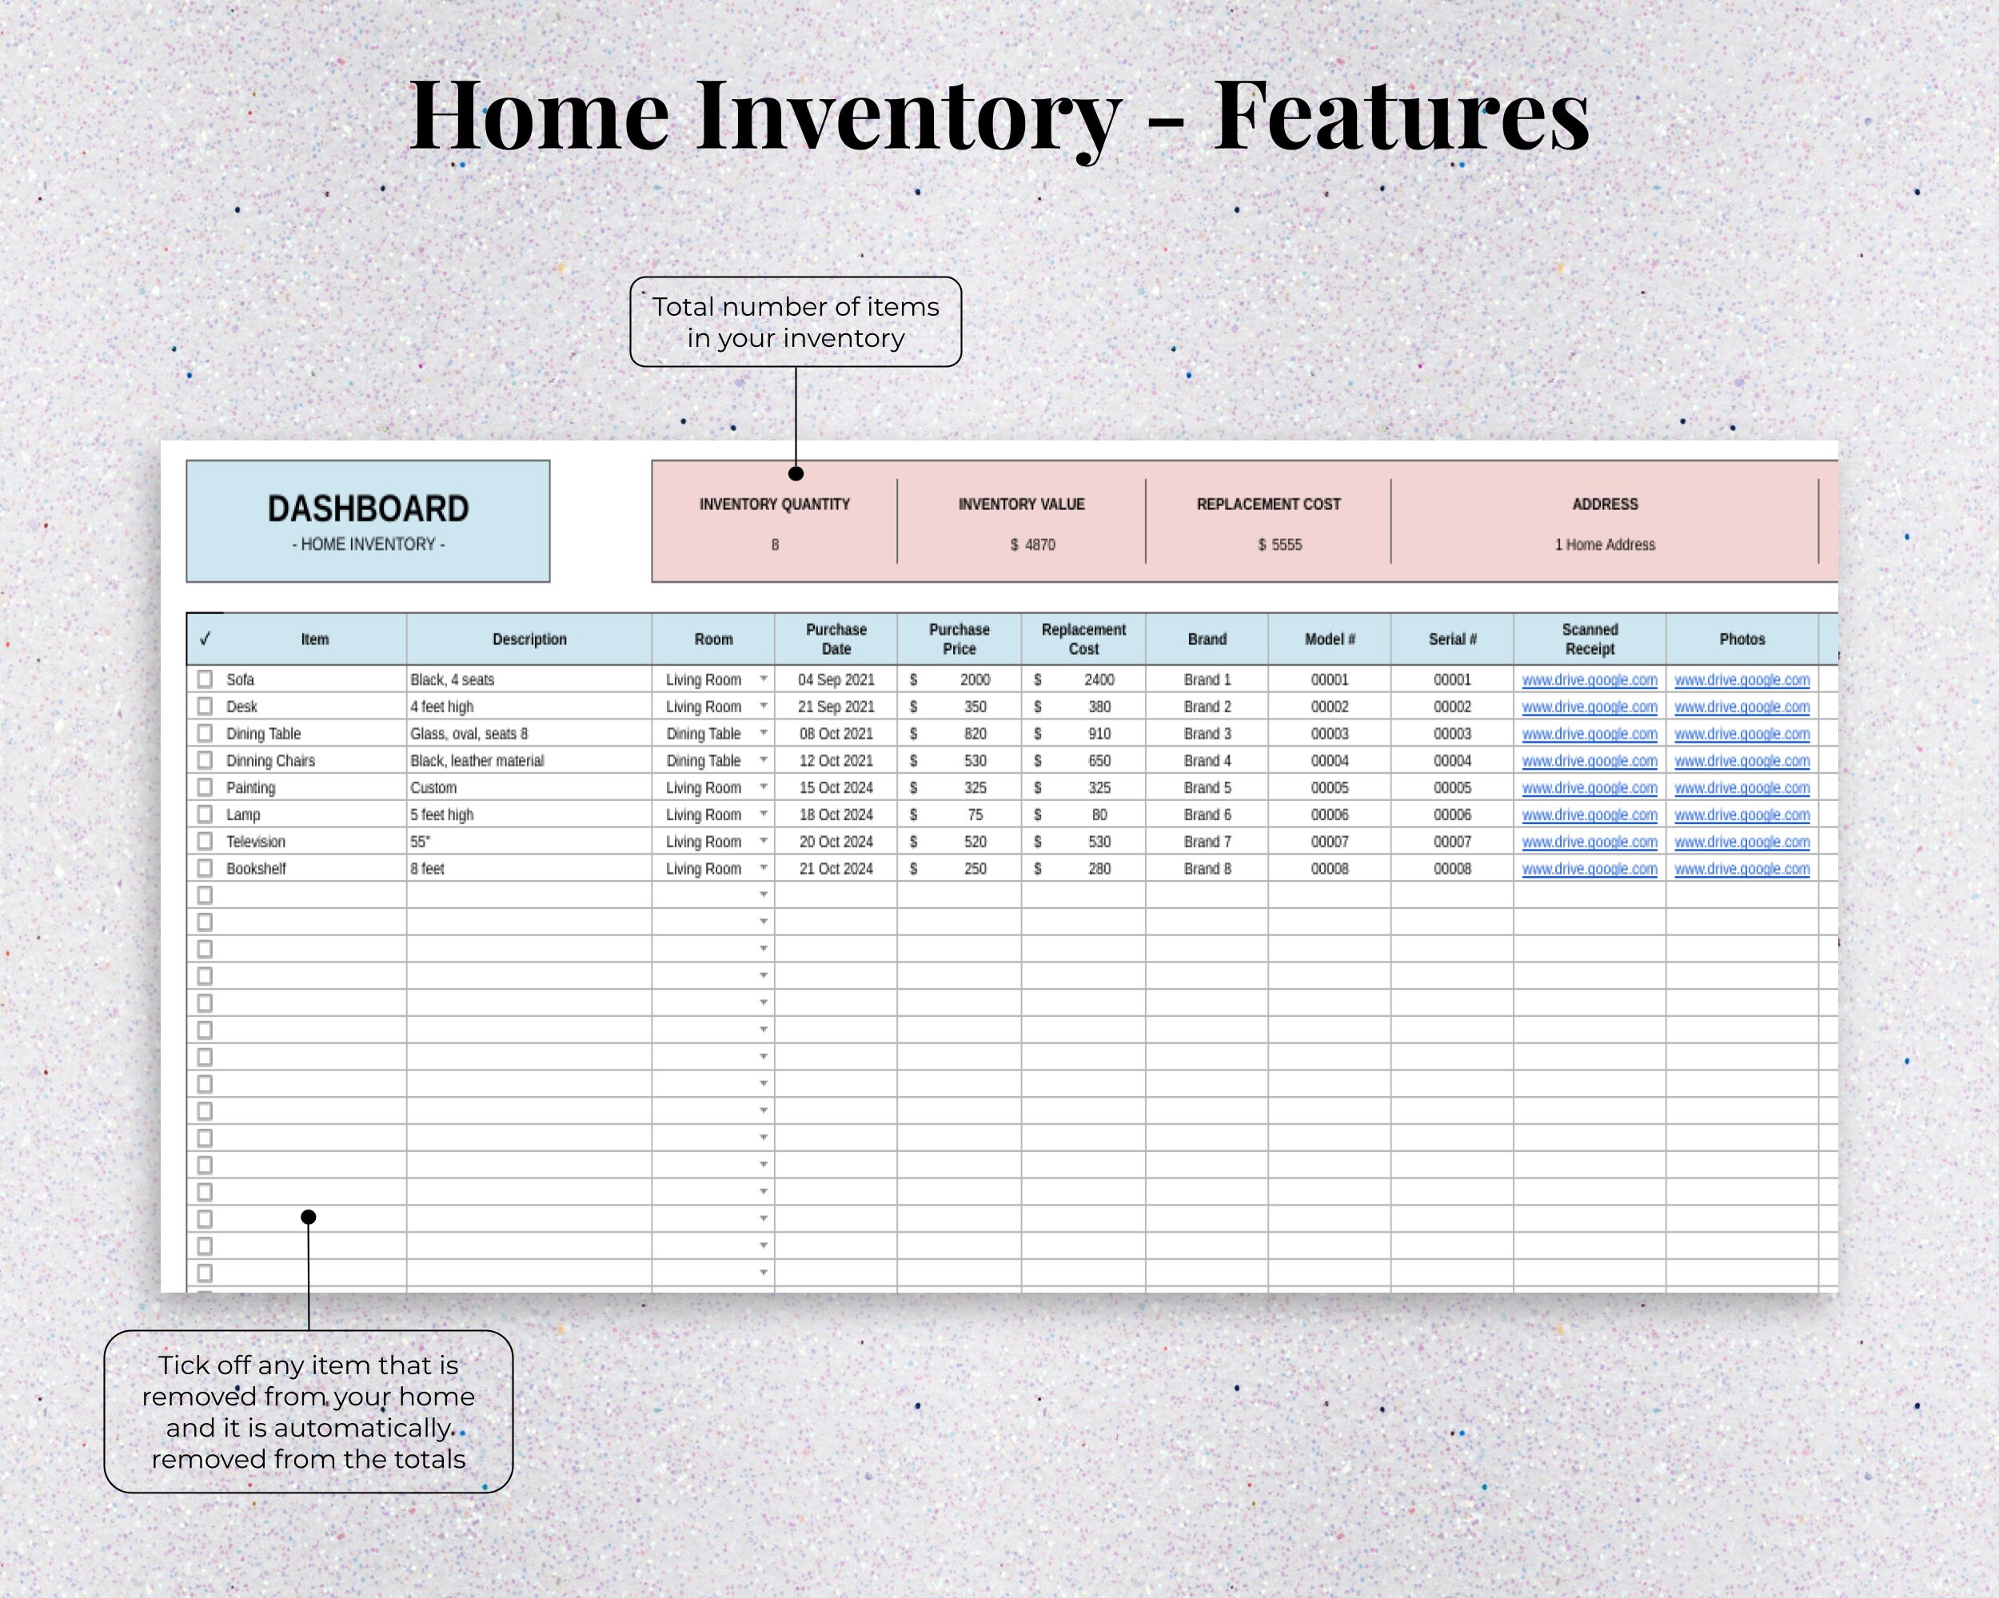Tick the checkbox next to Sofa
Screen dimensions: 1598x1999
coord(205,679)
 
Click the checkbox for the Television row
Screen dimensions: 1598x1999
coord(205,842)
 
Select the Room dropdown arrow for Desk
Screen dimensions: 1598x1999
coord(763,707)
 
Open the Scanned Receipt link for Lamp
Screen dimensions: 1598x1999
coord(1589,815)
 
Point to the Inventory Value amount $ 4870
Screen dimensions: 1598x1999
coord(1032,545)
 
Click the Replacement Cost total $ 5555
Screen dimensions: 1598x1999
coord(1279,545)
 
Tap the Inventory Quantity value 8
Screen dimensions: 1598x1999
coord(775,545)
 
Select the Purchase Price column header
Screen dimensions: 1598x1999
coord(959,639)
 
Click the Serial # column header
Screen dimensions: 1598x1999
coord(1452,639)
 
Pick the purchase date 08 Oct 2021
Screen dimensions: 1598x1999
coord(836,733)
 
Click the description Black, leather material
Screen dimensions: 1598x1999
coord(477,761)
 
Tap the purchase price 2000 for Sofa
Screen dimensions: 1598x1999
coord(975,679)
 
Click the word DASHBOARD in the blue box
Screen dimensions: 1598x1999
coord(368,509)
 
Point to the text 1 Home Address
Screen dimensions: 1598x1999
coord(1604,545)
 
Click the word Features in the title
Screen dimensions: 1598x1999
coord(1401,116)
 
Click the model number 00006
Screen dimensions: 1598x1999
coord(1330,815)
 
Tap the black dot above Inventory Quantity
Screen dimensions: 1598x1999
coord(796,474)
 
